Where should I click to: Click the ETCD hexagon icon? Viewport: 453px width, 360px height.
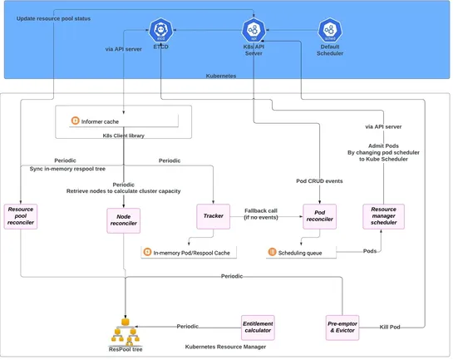coord(160,31)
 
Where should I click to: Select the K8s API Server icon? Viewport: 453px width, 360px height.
coord(254,31)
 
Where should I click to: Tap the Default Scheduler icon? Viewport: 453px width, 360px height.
coord(329,31)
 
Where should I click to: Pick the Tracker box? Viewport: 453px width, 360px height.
coord(213,216)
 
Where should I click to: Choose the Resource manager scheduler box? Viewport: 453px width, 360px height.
coord(383,216)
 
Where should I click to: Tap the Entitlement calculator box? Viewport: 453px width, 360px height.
coord(257,327)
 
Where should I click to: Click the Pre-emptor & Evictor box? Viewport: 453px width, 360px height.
coord(342,327)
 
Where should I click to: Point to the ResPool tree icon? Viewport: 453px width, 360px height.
coord(126,333)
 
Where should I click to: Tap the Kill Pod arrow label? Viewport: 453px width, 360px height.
coord(390,327)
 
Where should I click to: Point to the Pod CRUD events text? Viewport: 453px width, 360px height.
coord(319,180)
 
